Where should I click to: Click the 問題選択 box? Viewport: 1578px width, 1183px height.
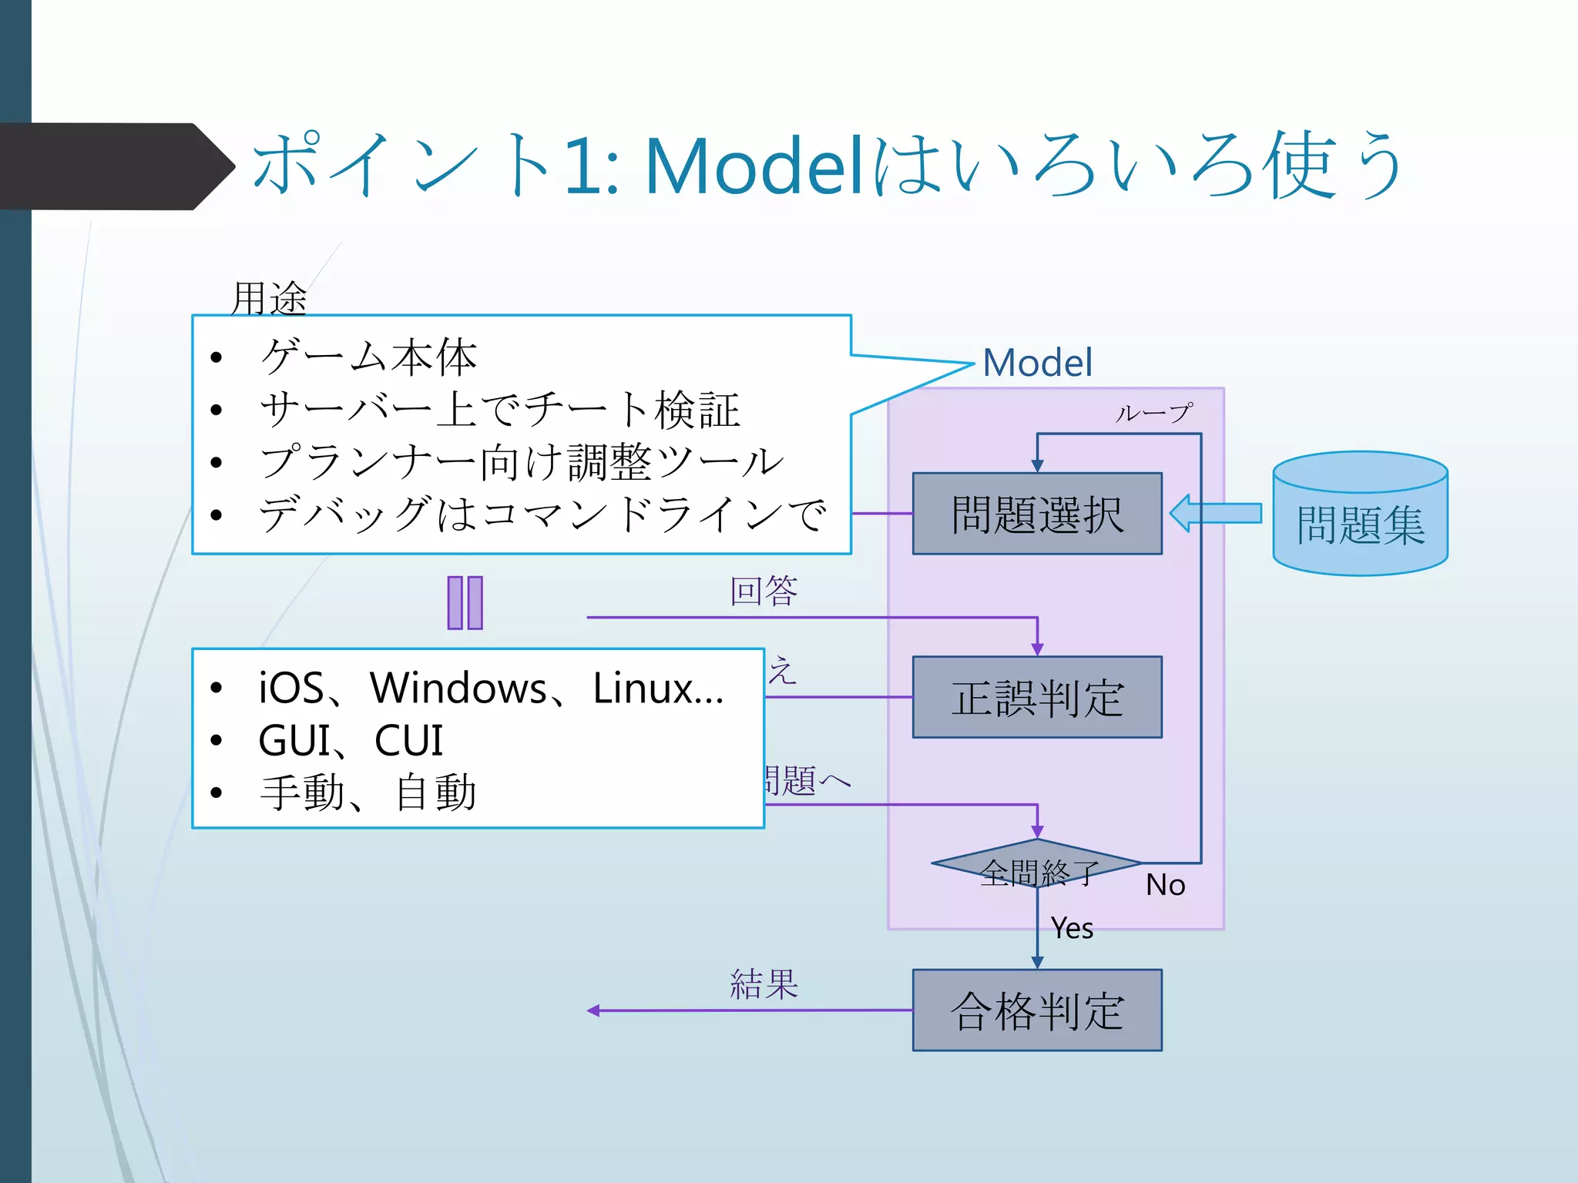(1036, 514)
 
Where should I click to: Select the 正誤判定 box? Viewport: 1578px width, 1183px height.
(1036, 698)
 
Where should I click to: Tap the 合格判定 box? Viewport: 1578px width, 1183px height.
(1036, 1010)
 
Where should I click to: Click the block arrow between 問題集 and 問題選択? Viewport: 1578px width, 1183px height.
(1216, 513)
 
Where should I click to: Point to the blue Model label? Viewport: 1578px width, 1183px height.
(1037, 363)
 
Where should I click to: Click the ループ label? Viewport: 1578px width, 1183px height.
(1153, 414)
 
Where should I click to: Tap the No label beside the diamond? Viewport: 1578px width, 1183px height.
(1165, 885)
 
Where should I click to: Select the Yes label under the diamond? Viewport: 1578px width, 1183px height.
(1072, 928)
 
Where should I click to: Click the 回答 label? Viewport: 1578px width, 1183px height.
(764, 591)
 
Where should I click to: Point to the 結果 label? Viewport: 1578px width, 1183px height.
(764, 984)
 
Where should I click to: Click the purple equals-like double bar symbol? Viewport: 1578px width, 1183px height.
(465, 602)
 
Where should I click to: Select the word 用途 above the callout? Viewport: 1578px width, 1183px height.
(269, 298)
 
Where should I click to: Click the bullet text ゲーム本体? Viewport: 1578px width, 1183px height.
(368, 357)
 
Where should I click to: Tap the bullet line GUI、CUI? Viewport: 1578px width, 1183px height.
(351, 741)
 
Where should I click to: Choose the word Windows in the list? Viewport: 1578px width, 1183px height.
(458, 688)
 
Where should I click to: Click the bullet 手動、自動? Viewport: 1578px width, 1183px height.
(368, 793)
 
